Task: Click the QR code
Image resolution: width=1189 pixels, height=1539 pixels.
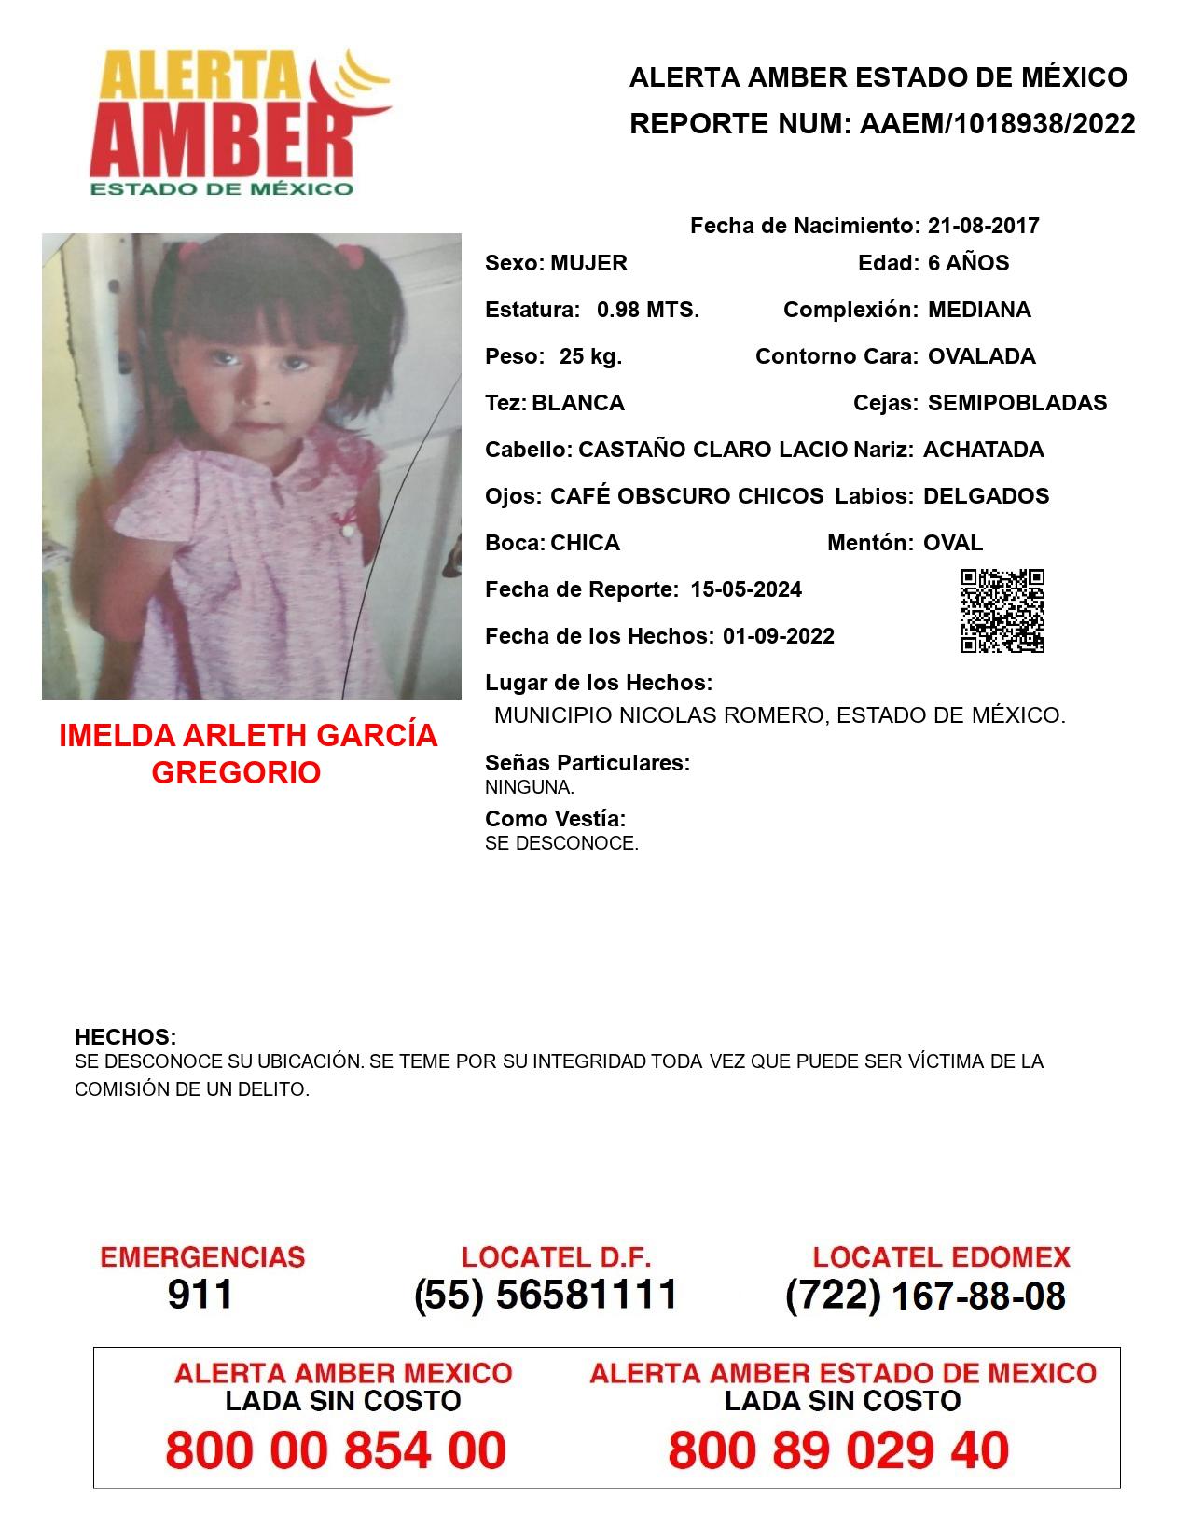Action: pyautogui.click(x=1002, y=611)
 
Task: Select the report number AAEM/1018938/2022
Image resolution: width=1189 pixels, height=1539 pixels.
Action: pyautogui.click(x=997, y=124)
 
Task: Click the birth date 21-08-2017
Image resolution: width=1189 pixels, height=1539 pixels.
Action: pyautogui.click(x=983, y=226)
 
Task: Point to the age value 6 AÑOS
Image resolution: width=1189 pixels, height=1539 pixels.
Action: pyautogui.click(x=968, y=263)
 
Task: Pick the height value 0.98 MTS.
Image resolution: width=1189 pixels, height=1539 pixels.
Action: pyautogui.click(x=648, y=310)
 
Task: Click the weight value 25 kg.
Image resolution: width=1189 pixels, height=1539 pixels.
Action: pyautogui.click(x=590, y=356)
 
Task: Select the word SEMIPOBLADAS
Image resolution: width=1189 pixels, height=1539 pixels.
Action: pyautogui.click(x=1017, y=403)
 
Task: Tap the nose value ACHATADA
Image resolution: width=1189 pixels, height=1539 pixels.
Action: pyautogui.click(x=983, y=450)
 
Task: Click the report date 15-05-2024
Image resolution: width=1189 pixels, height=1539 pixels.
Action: pyautogui.click(x=746, y=589)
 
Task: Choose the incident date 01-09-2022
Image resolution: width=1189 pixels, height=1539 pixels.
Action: pyautogui.click(x=779, y=636)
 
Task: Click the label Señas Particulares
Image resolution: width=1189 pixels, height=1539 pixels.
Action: pyautogui.click(x=588, y=763)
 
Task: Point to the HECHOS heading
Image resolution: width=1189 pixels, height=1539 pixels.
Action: pyautogui.click(x=126, y=1037)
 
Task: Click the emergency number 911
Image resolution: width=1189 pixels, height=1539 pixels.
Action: pyautogui.click(x=200, y=1295)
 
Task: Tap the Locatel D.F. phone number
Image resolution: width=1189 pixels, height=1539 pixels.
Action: pyautogui.click(x=546, y=1295)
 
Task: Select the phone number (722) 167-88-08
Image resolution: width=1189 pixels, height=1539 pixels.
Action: pyautogui.click(x=925, y=1296)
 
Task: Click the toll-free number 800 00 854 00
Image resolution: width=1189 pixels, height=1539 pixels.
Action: pyautogui.click(x=336, y=1451)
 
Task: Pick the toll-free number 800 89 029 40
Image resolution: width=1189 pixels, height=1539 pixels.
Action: pyautogui.click(x=838, y=1451)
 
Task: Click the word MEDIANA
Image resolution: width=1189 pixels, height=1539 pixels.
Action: pyautogui.click(x=979, y=310)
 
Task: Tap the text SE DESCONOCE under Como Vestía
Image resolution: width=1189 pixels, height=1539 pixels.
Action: pyautogui.click(x=561, y=844)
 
